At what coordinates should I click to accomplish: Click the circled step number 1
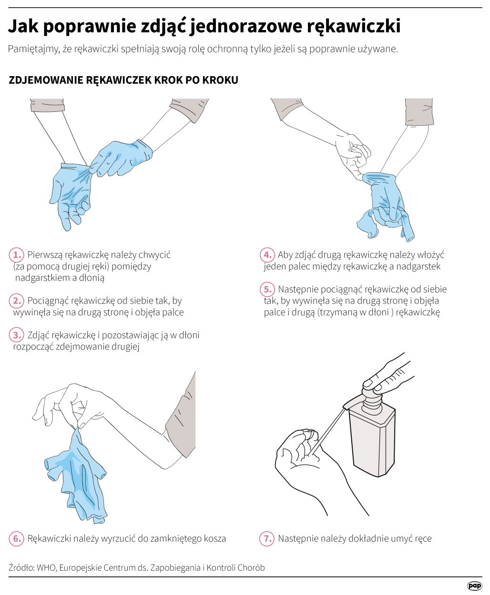coord(16,255)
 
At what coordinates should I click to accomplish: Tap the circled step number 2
coord(16,301)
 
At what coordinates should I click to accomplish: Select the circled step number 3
coord(16,335)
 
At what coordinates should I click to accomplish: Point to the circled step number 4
coord(267,255)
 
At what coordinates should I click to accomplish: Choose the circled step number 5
coord(267,289)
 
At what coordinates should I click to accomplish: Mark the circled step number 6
coord(16,538)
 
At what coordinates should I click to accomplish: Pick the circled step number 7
coord(267,538)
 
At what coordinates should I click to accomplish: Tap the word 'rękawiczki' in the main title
coord(354,26)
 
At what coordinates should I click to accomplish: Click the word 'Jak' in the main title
coord(23,26)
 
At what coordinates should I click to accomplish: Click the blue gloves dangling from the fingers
coord(76,476)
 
